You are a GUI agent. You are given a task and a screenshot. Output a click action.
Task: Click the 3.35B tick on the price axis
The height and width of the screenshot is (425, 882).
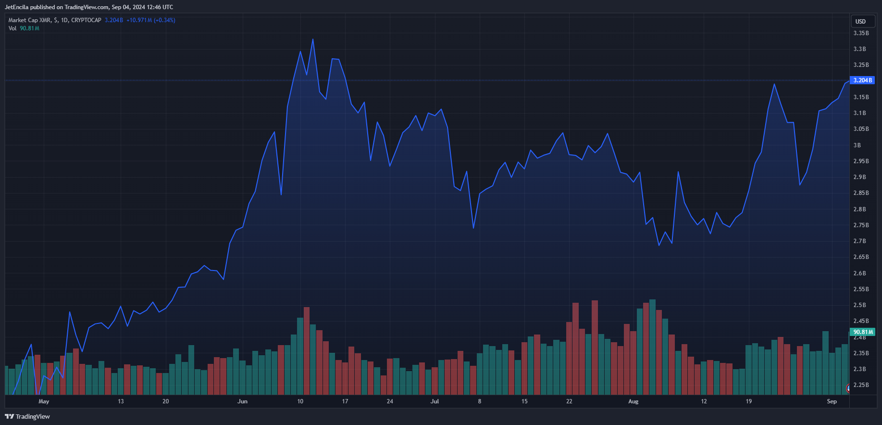click(861, 33)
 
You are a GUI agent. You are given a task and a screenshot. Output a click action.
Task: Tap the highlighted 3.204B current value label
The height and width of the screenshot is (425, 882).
click(862, 80)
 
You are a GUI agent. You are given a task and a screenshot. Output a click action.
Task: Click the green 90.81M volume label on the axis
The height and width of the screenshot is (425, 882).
click(863, 332)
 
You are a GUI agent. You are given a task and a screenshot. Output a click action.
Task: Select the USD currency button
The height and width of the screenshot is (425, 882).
click(860, 22)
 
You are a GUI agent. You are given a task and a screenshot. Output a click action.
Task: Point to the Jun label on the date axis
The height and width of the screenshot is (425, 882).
click(243, 401)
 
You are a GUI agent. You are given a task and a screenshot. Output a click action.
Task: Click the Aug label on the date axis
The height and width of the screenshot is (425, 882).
click(634, 401)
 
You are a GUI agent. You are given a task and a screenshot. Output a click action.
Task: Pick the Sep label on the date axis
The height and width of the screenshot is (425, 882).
click(832, 401)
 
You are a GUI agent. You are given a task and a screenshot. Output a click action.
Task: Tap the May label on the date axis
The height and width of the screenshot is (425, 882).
click(44, 401)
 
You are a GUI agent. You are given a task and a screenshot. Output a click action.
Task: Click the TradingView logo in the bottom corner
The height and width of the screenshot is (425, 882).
click(27, 416)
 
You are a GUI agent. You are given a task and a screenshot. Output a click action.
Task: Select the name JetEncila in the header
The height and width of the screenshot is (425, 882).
click(16, 7)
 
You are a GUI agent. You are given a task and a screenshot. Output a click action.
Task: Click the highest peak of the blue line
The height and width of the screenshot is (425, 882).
click(313, 39)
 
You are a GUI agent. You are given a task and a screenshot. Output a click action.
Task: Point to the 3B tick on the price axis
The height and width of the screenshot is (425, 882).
click(857, 145)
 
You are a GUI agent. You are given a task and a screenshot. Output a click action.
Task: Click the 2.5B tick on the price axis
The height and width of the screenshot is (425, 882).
click(859, 305)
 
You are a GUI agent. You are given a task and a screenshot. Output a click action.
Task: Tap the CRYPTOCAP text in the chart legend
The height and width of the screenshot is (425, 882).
click(86, 20)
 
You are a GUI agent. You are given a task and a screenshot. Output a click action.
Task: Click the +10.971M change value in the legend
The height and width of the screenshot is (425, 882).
click(139, 20)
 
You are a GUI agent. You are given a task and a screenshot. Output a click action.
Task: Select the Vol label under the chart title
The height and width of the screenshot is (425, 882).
click(12, 28)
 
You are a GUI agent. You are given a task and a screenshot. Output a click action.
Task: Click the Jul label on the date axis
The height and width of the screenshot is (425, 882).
click(435, 401)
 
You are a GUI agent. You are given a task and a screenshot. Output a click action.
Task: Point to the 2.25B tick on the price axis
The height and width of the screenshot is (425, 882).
click(861, 385)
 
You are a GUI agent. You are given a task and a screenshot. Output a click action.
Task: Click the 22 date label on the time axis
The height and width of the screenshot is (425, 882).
click(569, 401)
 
